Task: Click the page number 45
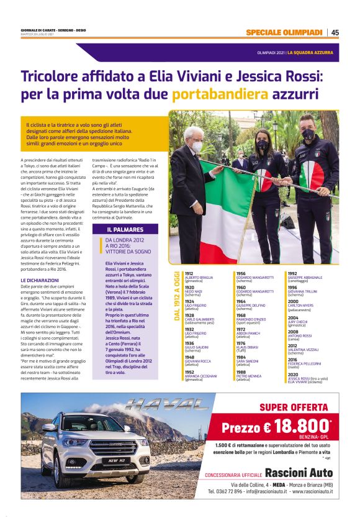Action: tap(335, 32)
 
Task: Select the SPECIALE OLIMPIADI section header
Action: tap(284, 32)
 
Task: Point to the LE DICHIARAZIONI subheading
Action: tap(40, 280)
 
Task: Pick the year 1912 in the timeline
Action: tap(189, 273)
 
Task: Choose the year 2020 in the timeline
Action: tap(310, 374)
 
